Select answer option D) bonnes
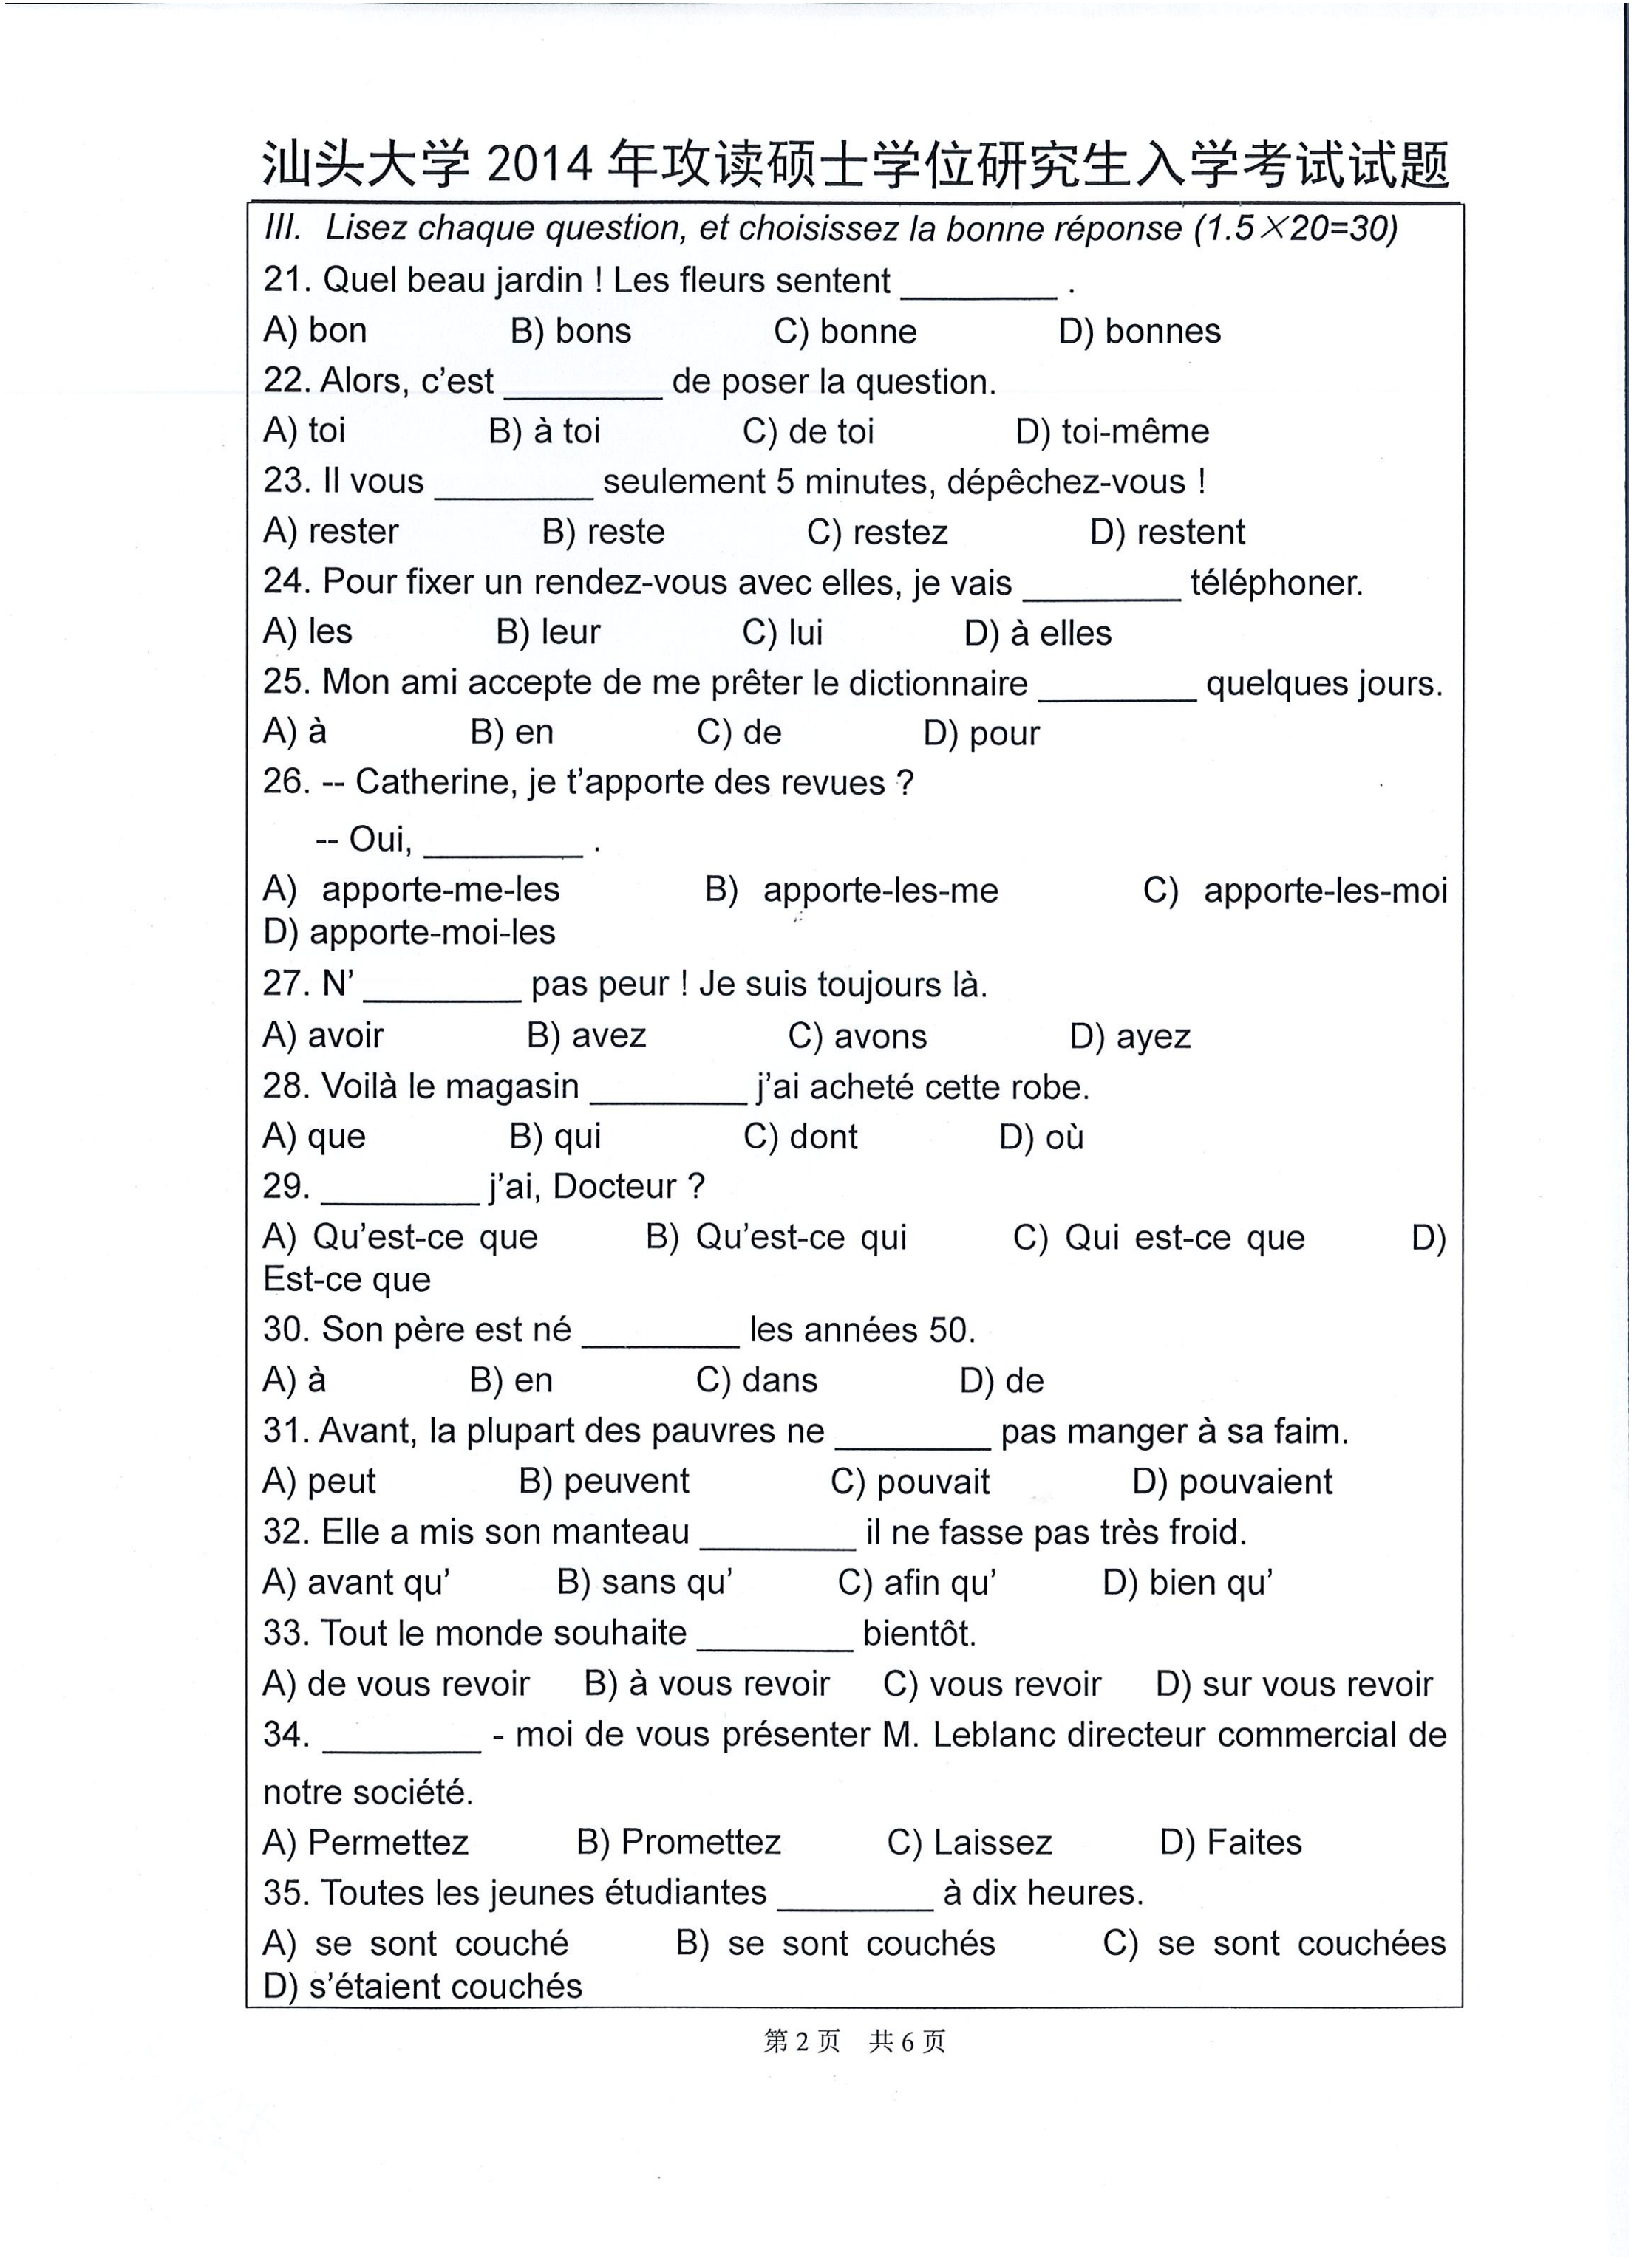(1140, 331)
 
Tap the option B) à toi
(545, 431)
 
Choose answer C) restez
(877, 532)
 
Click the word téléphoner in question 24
(1276, 583)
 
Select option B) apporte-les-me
(851, 890)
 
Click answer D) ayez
(1131, 1036)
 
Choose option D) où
(1042, 1137)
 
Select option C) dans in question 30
(757, 1380)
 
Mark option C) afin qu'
(917, 1583)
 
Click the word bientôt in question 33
(919, 1633)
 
